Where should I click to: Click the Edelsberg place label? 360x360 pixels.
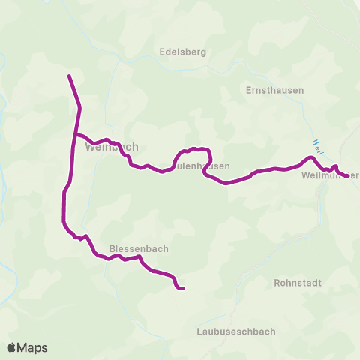tap(183, 52)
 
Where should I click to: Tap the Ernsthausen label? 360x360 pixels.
tap(274, 90)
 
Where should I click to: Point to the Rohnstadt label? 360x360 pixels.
tap(298, 283)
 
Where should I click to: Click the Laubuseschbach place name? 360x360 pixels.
tap(235, 331)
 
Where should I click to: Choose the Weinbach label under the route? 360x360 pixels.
tap(112, 148)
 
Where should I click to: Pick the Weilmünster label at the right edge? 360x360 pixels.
tap(329, 176)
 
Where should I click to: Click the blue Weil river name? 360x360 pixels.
tap(318, 144)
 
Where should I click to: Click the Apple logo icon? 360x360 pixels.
tap(12, 347)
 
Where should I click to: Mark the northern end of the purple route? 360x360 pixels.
tap(69, 76)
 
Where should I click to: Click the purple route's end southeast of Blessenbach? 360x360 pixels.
tap(183, 288)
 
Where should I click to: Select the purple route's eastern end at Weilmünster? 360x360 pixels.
tap(347, 177)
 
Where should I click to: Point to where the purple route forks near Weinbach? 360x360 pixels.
tap(74, 134)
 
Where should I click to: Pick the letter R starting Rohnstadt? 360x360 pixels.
tap(277, 283)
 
